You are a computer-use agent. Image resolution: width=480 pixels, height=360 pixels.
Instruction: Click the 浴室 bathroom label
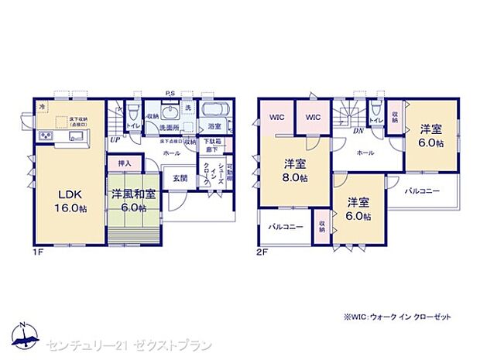pyautogui.click(x=214, y=126)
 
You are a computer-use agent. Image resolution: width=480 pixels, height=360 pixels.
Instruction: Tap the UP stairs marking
pyautogui.click(x=115, y=141)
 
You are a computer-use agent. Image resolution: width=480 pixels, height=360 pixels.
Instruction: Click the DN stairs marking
pyautogui.click(x=358, y=131)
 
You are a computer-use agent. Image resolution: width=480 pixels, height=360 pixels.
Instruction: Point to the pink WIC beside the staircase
pyautogui.click(x=313, y=118)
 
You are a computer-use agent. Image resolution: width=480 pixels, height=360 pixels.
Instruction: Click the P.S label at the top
pyautogui.click(x=169, y=95)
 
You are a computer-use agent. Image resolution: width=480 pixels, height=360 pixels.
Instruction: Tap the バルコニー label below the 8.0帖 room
pyautogui.click(x=284, y=228)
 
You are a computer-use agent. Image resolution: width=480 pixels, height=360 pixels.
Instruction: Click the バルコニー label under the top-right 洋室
pyautogui.click(x=423, y=190)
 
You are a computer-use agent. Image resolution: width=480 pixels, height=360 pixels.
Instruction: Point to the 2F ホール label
pyautogui.click(x=365, y=153)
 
